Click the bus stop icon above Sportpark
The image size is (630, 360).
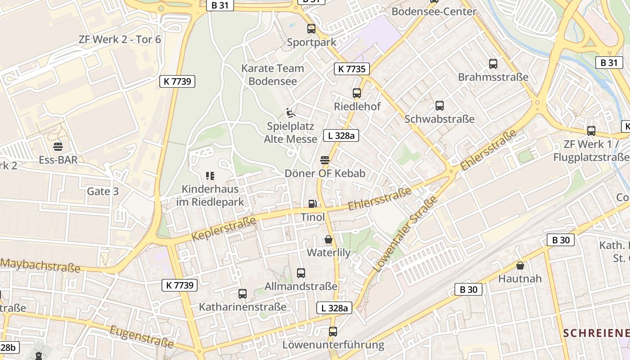[x=311, y=29]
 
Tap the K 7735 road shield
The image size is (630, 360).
[x=352, y=69]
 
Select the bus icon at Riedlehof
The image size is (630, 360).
[x=357, y=93]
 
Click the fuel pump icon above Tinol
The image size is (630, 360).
[x=312, y=204]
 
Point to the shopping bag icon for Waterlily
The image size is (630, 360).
[x=328, y=239]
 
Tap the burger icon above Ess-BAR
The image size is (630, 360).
[x=58, y=146]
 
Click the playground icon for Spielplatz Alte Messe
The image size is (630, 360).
[x=290, y=112]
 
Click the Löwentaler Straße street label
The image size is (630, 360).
[x=405, y=234]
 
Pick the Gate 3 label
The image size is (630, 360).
[x=103, y=191]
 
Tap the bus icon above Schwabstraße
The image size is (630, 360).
[x=439, y=106]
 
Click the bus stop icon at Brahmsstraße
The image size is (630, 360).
[x=493, y=64]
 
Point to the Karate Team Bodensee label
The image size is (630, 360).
[x=273, y=75]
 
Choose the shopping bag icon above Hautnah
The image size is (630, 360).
[x=520, y=265]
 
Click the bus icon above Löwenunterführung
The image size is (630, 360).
[x=333, y=332]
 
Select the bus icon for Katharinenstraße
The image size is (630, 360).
[x=243, y=294]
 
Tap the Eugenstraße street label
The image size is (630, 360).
[x=141, y=337]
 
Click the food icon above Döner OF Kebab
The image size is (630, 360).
[x=325, y=160]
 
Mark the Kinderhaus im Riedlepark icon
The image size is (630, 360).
[x=210, y=175]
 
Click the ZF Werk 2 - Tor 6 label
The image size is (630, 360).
[x=120, y=39]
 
